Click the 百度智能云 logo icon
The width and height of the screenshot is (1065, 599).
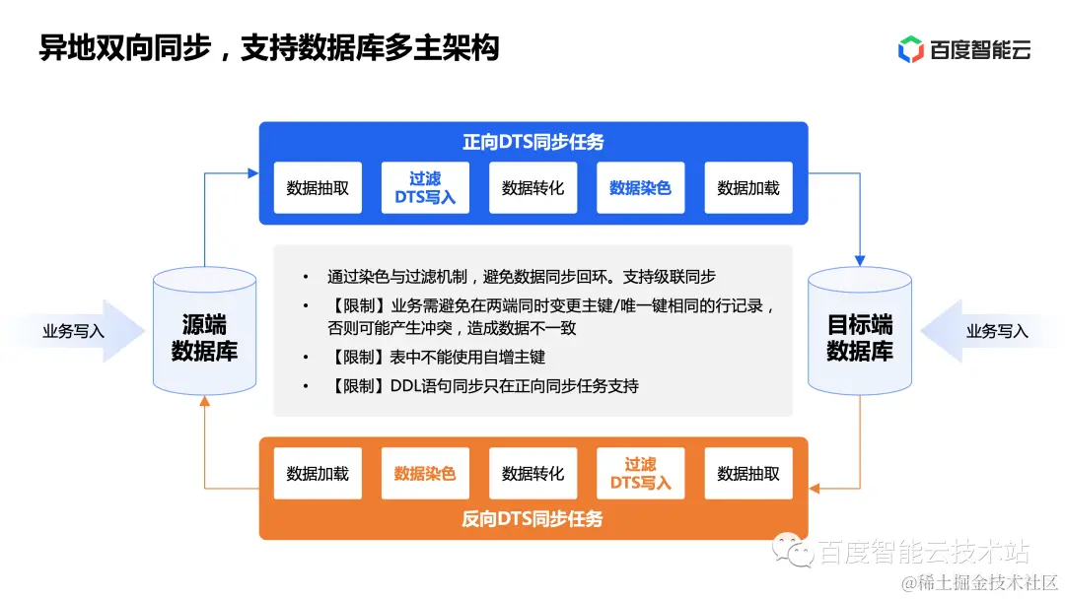pyautogui.click(x=910, y=49)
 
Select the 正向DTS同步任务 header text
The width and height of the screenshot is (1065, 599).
pyautogui.click(x=533, y=142)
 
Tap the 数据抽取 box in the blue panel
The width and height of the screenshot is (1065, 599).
pyautogui.click(x=318, y=187)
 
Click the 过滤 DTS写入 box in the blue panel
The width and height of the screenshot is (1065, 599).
pyautogui.click(x=425, y=187)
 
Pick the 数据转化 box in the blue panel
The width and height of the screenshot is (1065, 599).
pyautogui.click(x=532, y=187)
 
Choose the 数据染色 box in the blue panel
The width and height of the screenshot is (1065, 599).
pyautogui.click(x=640, y=187)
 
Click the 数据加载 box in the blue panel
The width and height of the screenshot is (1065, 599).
pyautogui.click(x=747, y=187)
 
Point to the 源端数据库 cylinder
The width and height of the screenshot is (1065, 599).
pyautogui.click(x=205, y=335)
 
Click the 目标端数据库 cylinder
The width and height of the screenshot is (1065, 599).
pyautogui.click(x=860, y=335)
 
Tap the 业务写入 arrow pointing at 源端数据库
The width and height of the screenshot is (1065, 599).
pyautogui.click(x=74, y=331)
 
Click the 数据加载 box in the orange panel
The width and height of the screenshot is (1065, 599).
pyautogui.click(x=318, y=473)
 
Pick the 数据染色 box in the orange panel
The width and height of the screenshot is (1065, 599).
pyautogui.click(x=425, y=473)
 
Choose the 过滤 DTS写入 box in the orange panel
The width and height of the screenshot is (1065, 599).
pyautogui.click(x=640, y=473)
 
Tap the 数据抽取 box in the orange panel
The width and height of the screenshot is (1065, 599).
pyautogui.click(x=747, y=473)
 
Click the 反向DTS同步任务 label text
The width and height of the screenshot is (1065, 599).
pyautogui.click(x=532, y=518)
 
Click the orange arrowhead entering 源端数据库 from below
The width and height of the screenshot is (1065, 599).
pyautogui.click(x=204, y=402)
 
